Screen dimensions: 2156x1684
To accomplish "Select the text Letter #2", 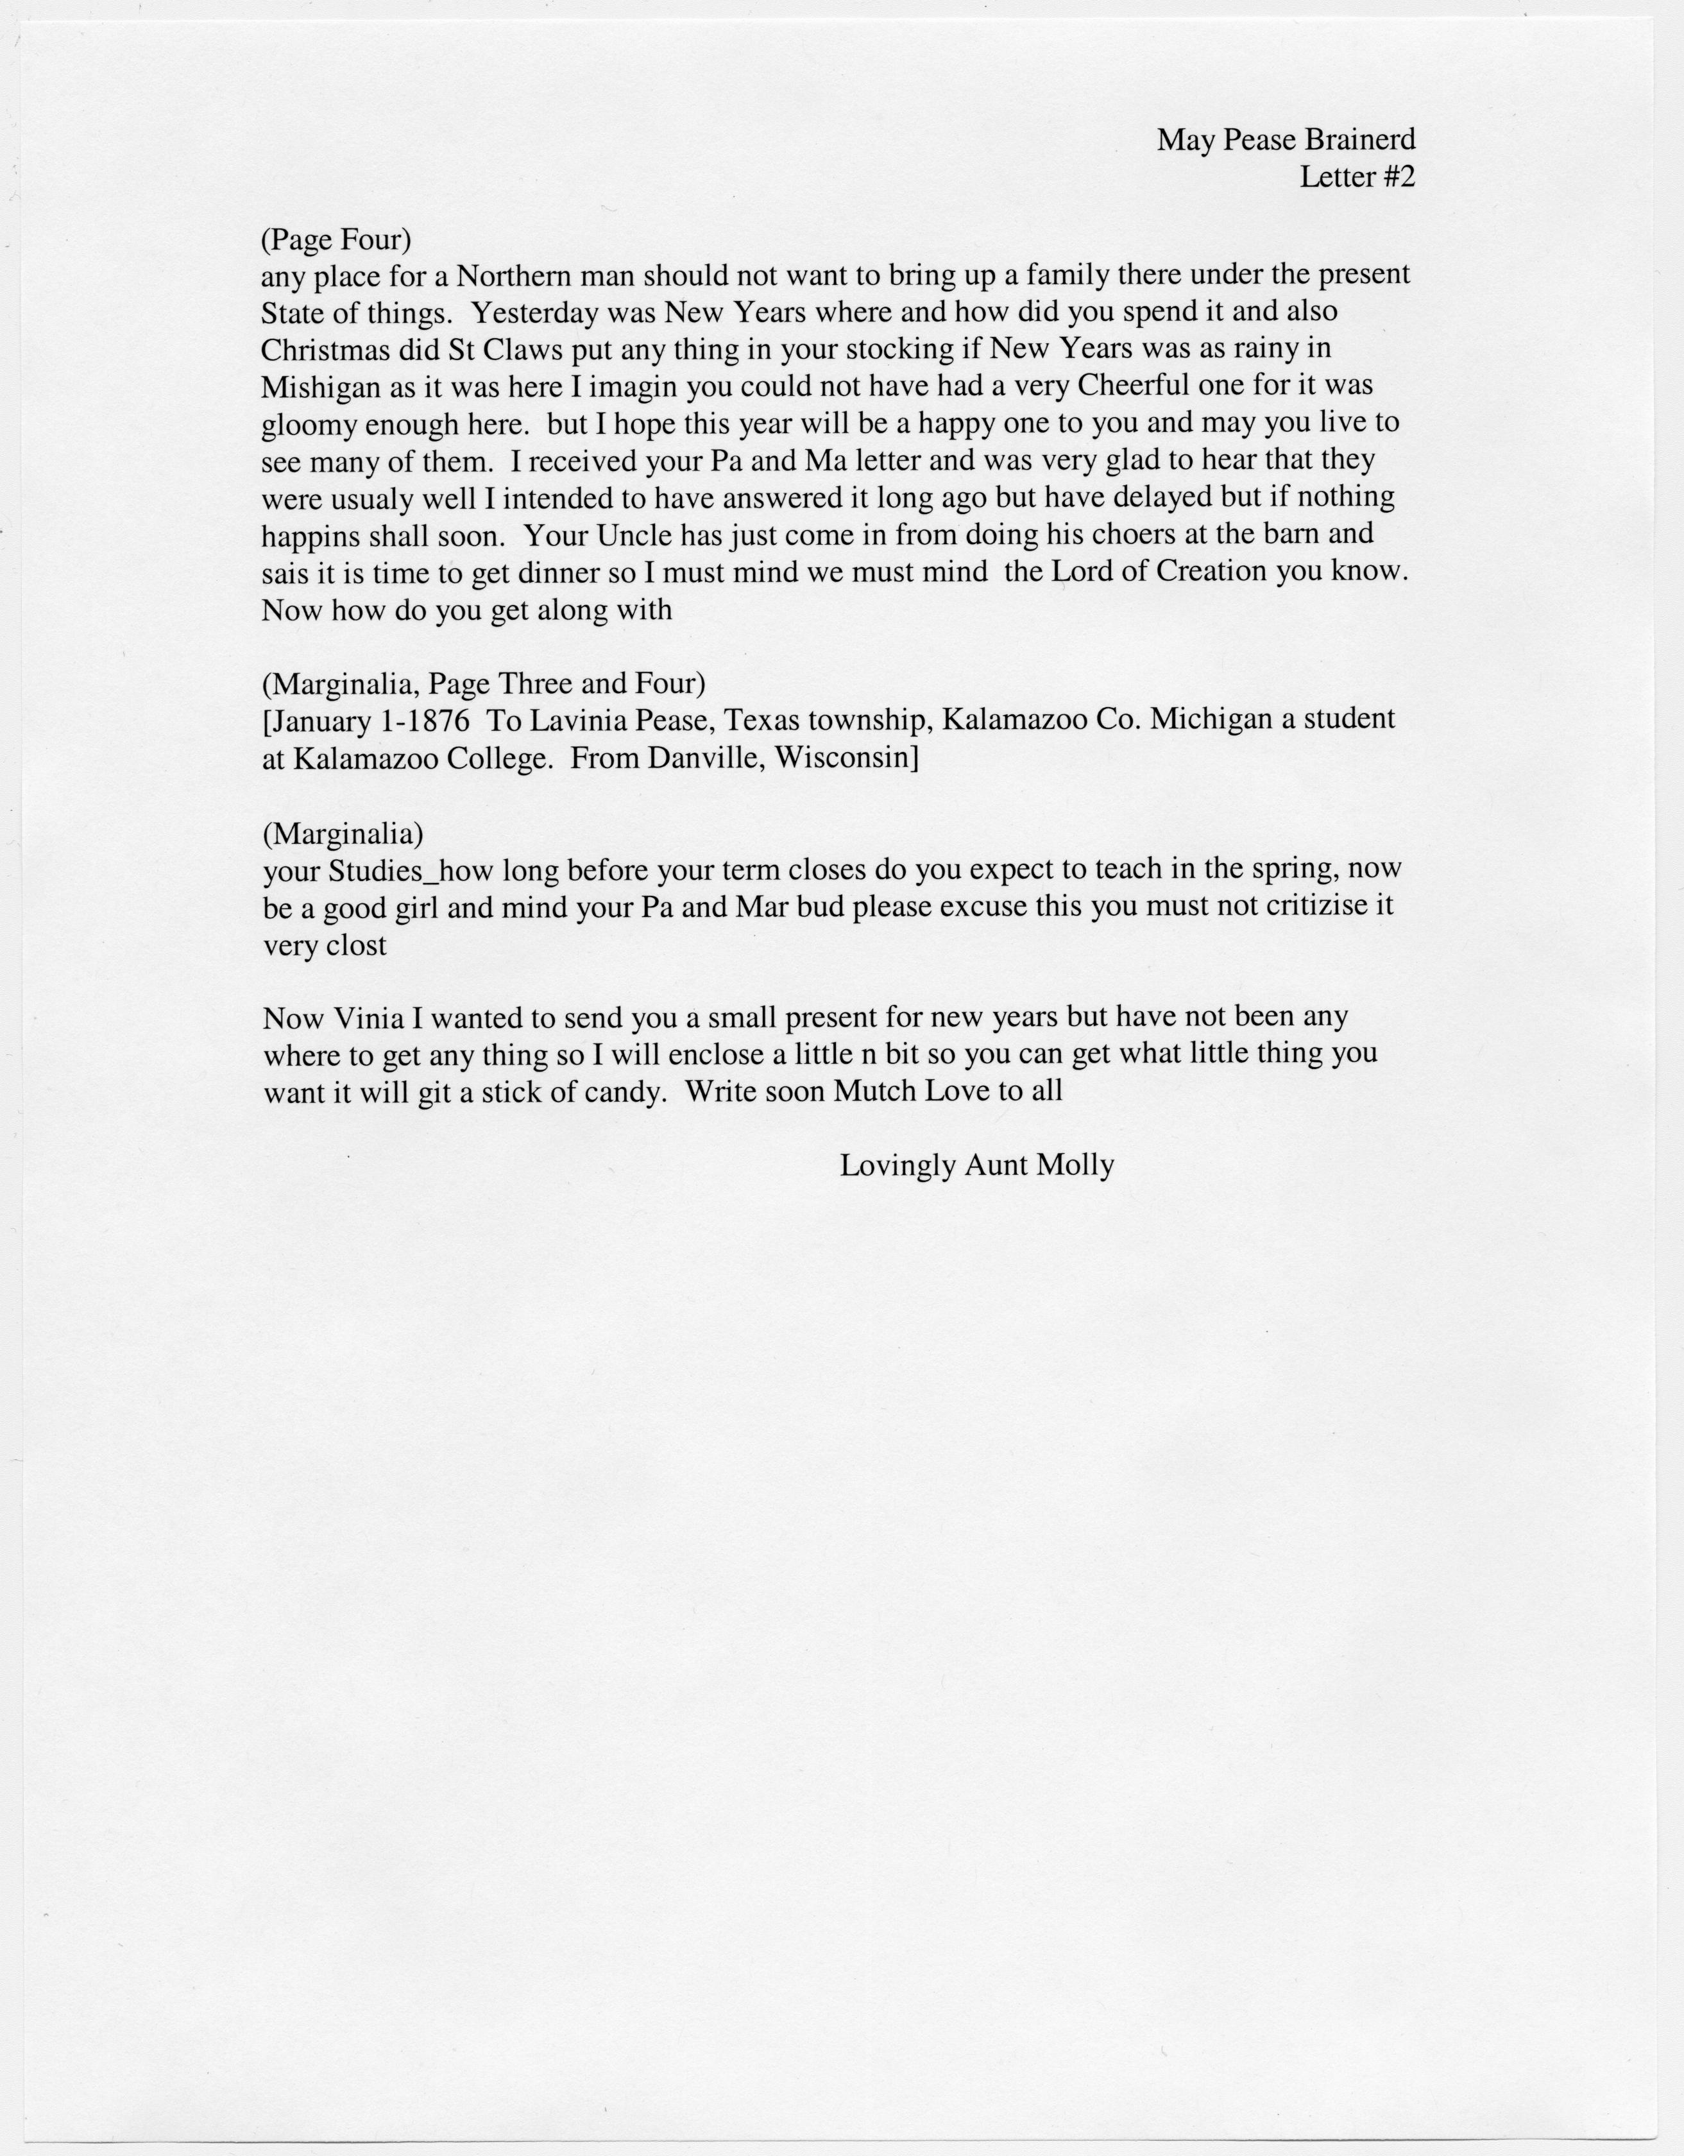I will [1357, 178].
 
